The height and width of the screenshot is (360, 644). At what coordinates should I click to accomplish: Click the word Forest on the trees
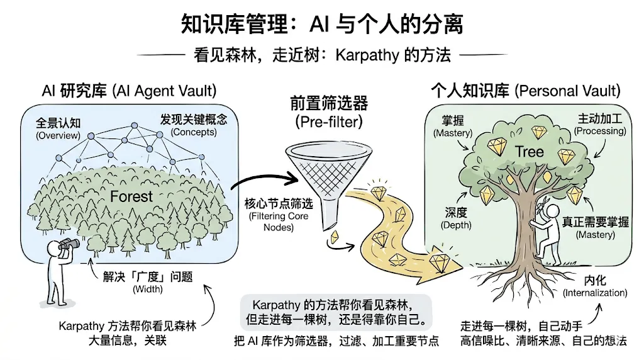point(131,196)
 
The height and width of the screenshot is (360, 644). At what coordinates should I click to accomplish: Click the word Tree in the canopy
point(530,152)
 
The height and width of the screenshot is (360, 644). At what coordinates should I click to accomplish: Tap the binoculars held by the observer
point(69,245)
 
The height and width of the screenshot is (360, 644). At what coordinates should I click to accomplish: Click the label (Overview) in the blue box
point(58,135)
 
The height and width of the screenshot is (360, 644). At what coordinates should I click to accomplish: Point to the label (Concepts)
point(194,132)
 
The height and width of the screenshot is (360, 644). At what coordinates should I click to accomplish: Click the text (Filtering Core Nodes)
point(279,222)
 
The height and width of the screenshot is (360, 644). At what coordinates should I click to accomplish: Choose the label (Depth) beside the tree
point(456,225)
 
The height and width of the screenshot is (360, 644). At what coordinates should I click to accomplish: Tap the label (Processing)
point(600,131)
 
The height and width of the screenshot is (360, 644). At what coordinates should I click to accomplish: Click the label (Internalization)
point(595,293)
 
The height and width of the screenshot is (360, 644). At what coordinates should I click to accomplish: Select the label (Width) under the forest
point(148,290)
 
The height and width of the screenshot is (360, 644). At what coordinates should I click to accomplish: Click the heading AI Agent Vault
point(164,91)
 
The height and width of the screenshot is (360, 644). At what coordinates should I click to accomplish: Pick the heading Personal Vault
point(567,91)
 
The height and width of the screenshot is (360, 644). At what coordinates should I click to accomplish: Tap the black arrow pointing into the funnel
point(265,179)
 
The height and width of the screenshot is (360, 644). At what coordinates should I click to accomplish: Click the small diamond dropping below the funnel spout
point(335,237)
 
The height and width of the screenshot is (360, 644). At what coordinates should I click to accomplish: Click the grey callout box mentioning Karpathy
point(336,312)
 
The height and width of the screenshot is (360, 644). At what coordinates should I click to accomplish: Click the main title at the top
point(322,24)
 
